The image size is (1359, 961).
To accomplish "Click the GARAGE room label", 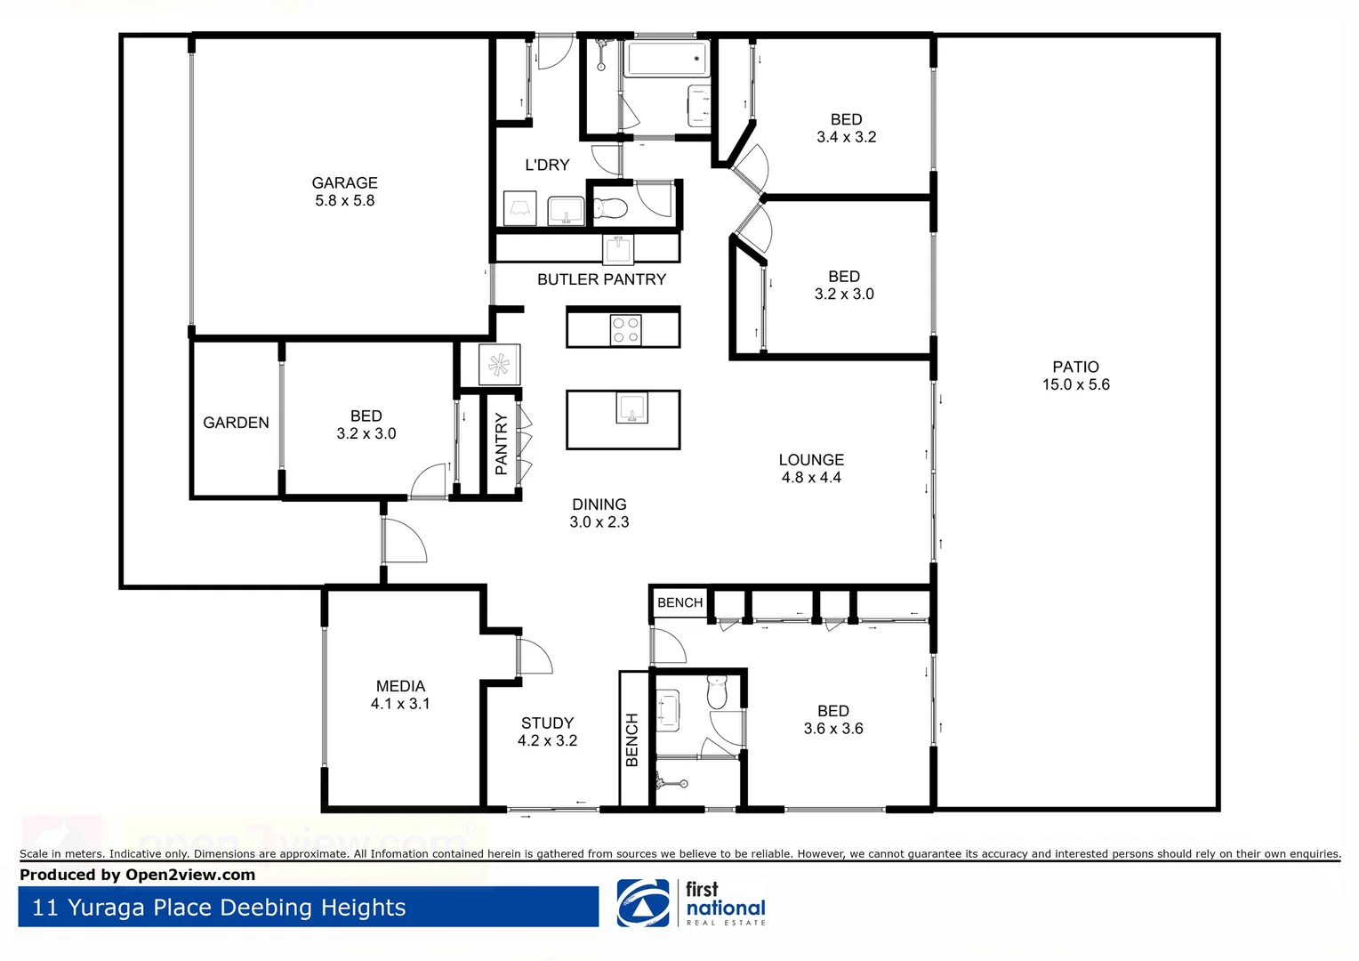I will pos(344,182).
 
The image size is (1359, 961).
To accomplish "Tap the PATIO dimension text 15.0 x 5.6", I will pos(1075,384).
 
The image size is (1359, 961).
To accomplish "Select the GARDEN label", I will pos(236,423).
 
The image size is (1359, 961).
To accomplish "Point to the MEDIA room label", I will pos(400,686).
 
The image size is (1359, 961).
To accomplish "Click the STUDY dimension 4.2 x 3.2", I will pos(547,740).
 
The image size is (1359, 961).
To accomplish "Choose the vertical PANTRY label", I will pos(501,443).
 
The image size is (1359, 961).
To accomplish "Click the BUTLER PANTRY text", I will pos(601,279).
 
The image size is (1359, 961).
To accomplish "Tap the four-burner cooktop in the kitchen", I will pos(625,330).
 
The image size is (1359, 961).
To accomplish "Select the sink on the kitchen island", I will pos(632,408).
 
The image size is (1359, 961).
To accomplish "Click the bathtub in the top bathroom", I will pos(666,60).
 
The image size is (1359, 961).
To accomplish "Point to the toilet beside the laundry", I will pos(610,209).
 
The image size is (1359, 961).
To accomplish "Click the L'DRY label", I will pos(547,165).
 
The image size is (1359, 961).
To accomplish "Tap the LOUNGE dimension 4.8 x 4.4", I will pos(811,478).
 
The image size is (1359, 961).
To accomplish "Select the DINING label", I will pos(599,505).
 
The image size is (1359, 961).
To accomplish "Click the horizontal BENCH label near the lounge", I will pos(679,603).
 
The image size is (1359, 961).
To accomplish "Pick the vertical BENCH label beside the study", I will pos(632,739).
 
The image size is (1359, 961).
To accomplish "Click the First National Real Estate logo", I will pos(691,903).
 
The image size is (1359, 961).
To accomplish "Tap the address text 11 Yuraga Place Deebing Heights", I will pos(219,908).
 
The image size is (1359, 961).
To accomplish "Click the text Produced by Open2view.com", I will pos(137,875).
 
